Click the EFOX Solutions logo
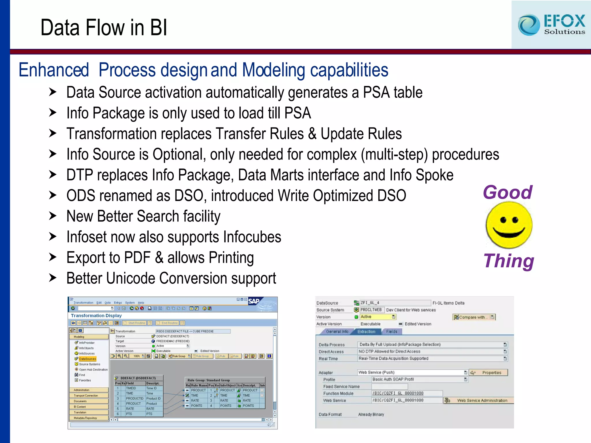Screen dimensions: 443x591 (x=551, y=25)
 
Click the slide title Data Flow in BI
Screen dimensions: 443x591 (x=104, y=28)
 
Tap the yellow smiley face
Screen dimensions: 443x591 (x=509, y=225)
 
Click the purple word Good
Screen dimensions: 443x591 (x=508, y=192)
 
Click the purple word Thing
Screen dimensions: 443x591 (x=508, y=261)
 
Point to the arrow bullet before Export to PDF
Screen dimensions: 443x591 (x=53, y=257)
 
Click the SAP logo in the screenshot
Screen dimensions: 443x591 (x=254, y=301)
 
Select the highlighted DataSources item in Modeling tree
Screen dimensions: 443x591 (x=87, y=359)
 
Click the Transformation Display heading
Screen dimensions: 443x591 (x=96, y=316)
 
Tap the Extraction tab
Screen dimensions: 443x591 (x=366, y=332)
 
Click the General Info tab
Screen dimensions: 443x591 (x=337, y=332)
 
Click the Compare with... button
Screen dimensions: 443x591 (x=473, y=317)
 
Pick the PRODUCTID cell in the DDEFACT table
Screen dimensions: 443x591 (x=134, y=398)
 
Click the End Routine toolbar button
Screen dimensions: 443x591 (x=169, y=323)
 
